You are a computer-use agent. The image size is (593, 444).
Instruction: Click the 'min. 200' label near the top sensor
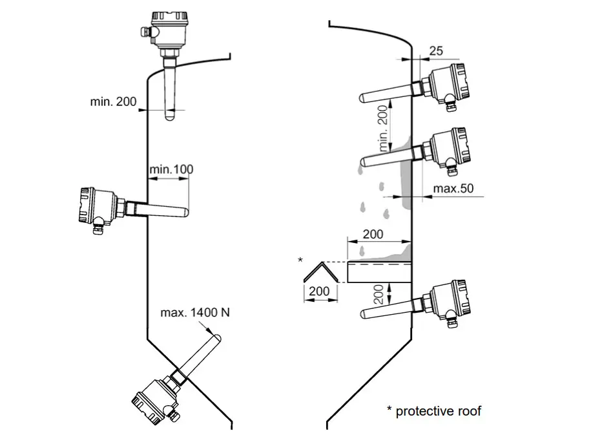pyautogui.click(x=114, y=101)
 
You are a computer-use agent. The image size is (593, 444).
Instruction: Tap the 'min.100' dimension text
pyautogui.click(x=171, y=170)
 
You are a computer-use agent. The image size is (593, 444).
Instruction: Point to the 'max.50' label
pyautogui.click(x=453, y=188)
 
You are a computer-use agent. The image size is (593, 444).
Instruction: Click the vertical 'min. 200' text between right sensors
pyautogui.click(x=385, y=129)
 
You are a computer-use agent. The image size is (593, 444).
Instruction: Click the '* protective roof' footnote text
pyautogui.click(x=433, y=410)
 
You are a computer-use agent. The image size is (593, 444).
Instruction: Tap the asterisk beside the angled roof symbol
pyautogui.click(x=300, y=260)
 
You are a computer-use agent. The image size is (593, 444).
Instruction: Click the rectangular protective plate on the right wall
pyautogui.click(x=379, y=272)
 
